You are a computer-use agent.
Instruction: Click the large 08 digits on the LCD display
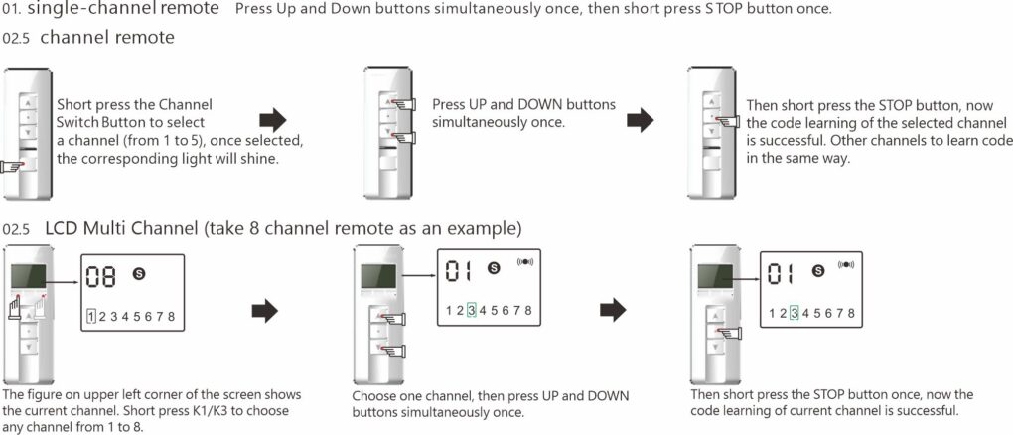point(100,275)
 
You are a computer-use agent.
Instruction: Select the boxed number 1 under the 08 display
point(90,316)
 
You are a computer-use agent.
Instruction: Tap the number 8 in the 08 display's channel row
point(172,316)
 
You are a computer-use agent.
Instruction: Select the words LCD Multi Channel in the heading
point(121,229)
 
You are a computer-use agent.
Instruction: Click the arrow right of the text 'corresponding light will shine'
point(272,121)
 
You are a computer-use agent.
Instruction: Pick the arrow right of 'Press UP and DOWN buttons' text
point(640,121)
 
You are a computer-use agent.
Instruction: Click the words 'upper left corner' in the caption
point(134,394)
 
